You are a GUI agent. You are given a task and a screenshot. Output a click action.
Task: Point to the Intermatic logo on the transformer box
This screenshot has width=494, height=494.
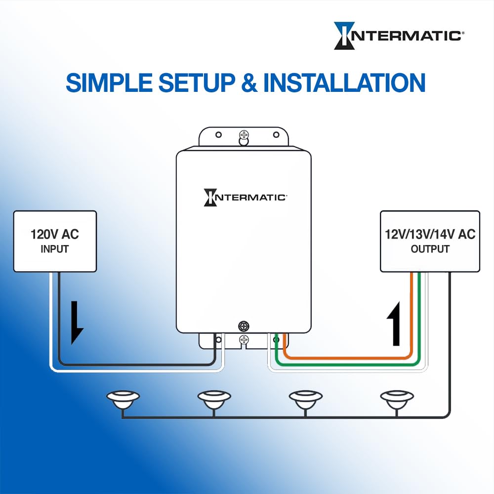click(245, 197)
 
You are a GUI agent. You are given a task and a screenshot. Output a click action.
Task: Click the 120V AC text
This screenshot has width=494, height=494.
click(55, 234)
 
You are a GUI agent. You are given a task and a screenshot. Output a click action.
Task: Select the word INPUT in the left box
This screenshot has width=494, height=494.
click(55, 249)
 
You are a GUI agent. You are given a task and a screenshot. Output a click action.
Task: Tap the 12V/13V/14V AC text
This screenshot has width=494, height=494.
click(430, 234)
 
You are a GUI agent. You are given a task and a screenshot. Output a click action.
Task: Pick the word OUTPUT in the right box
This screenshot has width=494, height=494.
click(430, 249)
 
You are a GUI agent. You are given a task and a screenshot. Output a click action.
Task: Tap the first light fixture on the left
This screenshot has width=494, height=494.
click(123, 399)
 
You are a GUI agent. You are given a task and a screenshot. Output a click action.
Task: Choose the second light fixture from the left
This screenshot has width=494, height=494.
click(214, 399)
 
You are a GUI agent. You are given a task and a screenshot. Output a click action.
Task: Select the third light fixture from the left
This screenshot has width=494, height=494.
click(305, 399)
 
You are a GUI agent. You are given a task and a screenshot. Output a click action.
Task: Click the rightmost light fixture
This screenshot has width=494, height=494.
click(396, 399)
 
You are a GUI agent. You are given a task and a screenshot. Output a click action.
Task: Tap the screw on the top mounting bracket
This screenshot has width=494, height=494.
click(243, 135)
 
